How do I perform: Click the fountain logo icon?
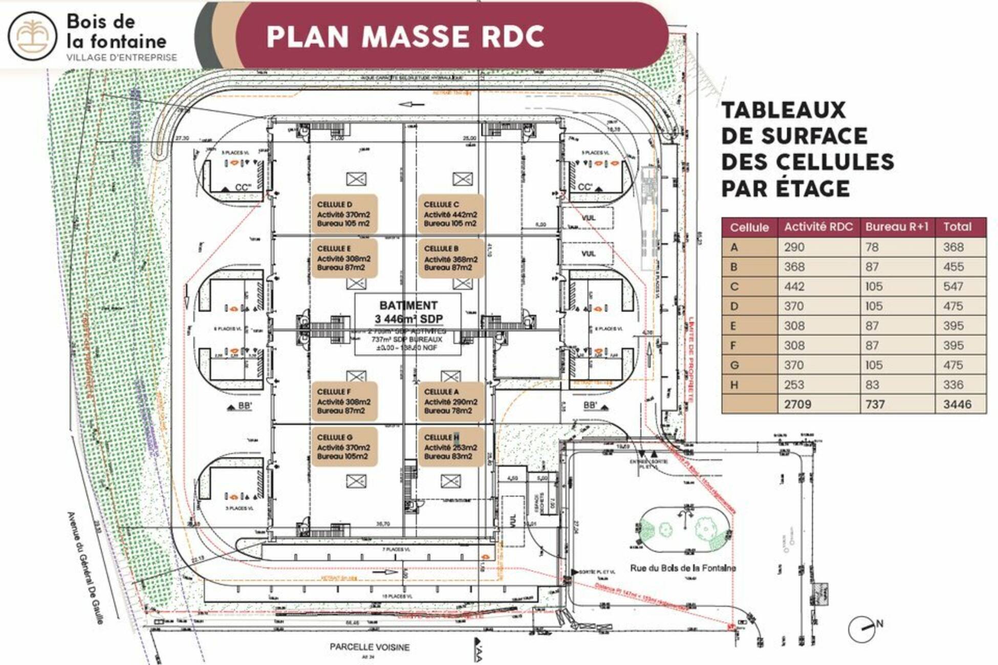pyautogui.click(x=32, y=36)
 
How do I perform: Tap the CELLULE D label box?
pyautogui.click(x=344, y=214)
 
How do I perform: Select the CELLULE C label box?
pyautogui.click(x=451, y=214)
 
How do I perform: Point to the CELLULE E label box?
pyautogui.click(x=344, y=258)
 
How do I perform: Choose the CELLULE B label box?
pyautogui.click(x=451, y=258)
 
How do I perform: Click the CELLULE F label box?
pyautogui.click(x=344, y=401)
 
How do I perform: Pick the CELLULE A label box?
pyautogui.click(x=451, y=401)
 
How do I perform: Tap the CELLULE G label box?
pyautogui.click(x=344, y=447)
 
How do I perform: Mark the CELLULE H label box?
pyautogui.click(x=451, y=447)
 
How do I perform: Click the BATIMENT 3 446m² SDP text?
pyautogui.click(x=408, y=312)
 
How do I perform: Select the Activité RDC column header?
pyautogui.click(x=818, y=227)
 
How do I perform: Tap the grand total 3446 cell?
pyautogui.click(x=957, y=405)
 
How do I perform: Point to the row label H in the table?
pyautogui.click(x=734, y=385)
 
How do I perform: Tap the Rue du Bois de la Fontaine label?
pyautogui.click(x=683, y=568)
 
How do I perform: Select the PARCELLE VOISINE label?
pyautogui.click(x=370, y=647)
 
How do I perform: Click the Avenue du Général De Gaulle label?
pyautogui.click(x=85, y=568)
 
